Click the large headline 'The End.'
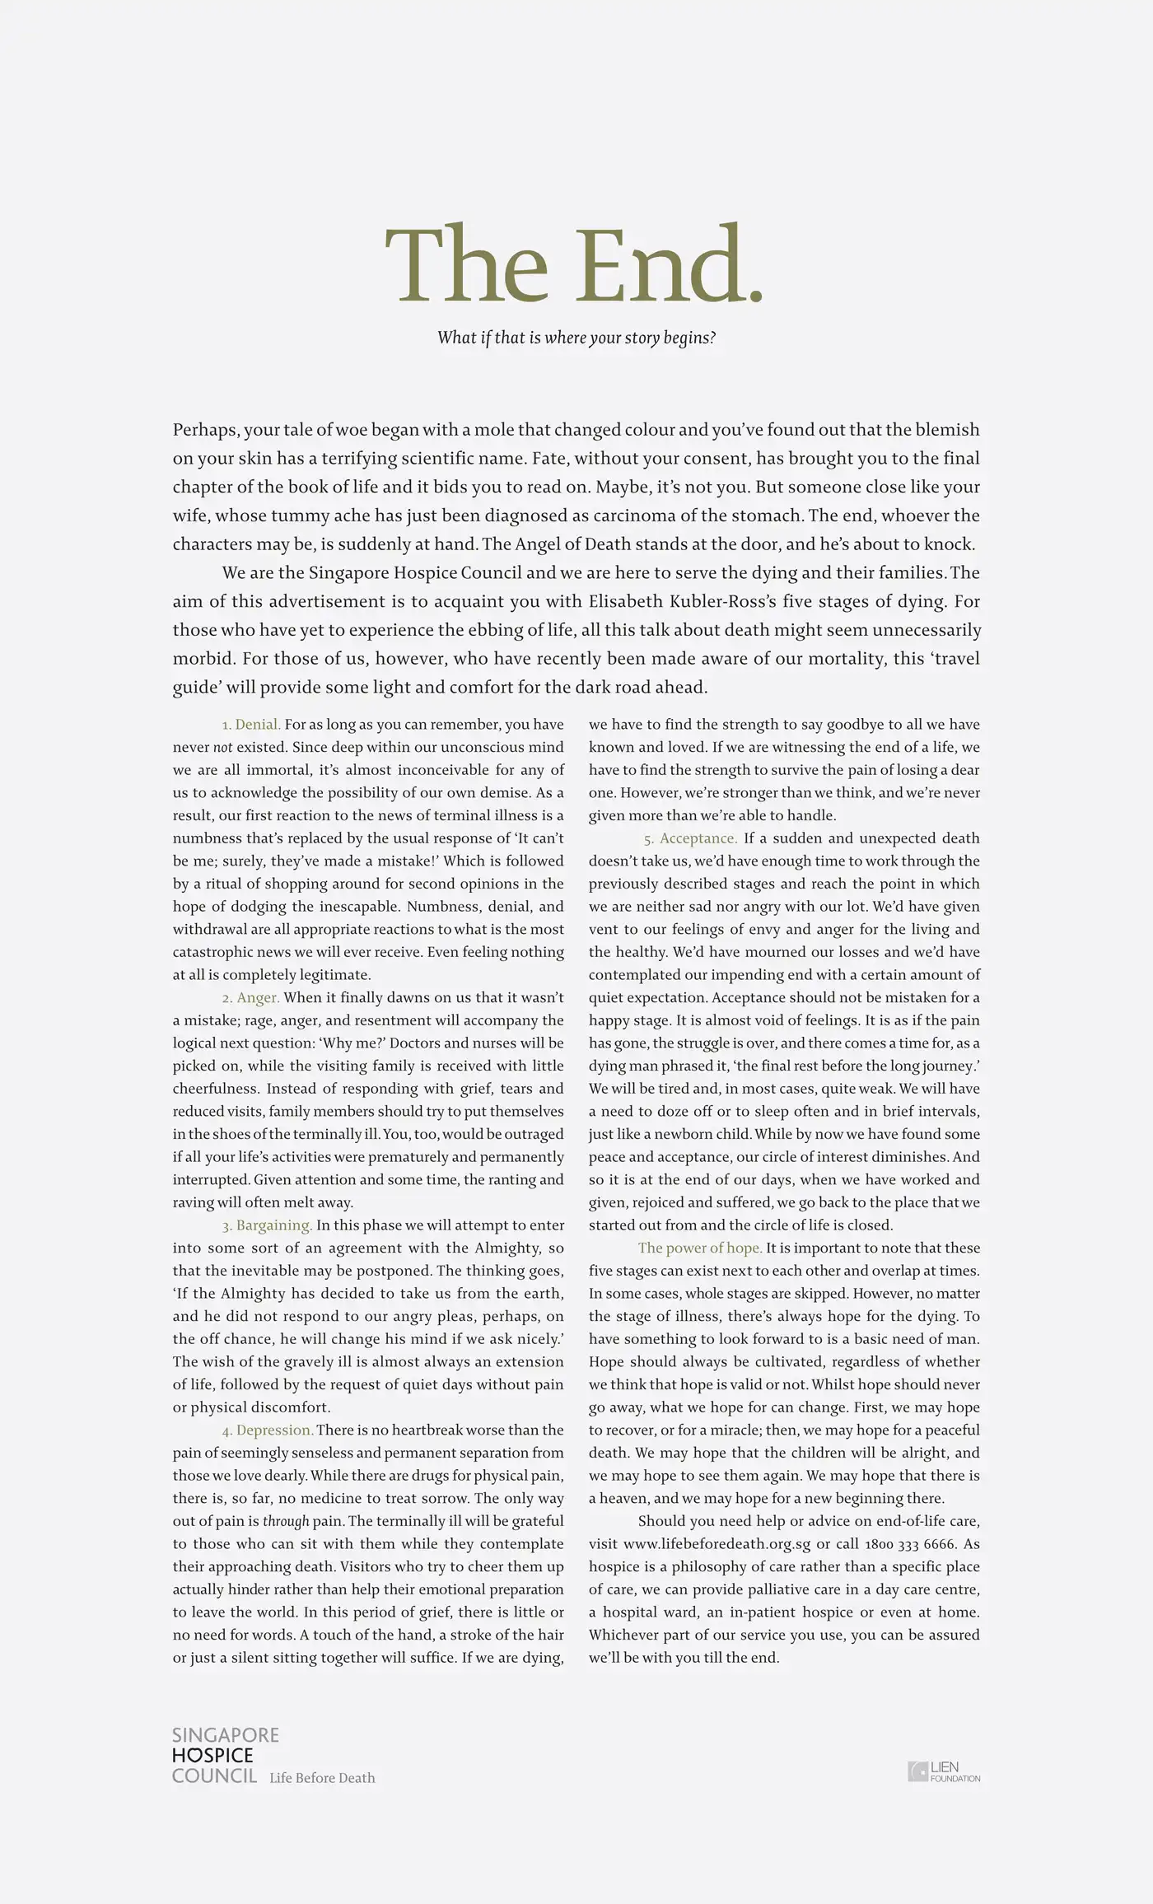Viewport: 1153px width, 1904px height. click(x=575, y=265)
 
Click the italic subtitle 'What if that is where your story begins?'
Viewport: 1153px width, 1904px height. click(x=576, y=338)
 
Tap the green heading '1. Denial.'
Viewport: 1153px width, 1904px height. click(x=251, y=725)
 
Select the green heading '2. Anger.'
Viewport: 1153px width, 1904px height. click(x=251, y=998)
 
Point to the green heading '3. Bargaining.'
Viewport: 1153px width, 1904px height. click(x=267, y=1225)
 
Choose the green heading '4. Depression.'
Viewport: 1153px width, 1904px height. click(x=268, y=1430)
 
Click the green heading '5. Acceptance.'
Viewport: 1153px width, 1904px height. click(x=690, y=838)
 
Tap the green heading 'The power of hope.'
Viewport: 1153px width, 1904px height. click(x=700, y=1248)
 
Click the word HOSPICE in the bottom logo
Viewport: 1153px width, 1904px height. click(x=212, y=1756)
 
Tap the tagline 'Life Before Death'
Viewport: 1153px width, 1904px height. click(x=322, y=1778)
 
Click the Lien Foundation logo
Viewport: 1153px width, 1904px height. click(x=944, y=1771)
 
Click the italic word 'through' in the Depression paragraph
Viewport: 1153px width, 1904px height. click(x=286, y=1521)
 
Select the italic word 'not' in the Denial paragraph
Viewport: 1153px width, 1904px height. click(x=223, y=748)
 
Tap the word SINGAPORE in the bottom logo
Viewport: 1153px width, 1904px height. click(x=226, y=1735)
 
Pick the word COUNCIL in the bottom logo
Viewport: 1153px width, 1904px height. click(x=214, y=1776)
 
